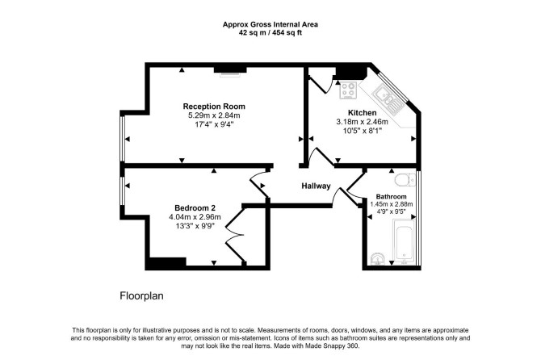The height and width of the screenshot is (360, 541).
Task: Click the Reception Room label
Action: point(214,107)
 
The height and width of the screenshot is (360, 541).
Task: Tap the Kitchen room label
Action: point(362,113)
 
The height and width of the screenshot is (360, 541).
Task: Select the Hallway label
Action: point(316,186)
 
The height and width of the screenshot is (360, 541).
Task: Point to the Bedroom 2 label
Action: point(195,208)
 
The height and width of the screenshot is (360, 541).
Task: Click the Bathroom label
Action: point(392,197)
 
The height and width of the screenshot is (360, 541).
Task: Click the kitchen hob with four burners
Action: point(348,90)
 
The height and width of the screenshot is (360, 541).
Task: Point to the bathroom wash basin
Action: point(378,259)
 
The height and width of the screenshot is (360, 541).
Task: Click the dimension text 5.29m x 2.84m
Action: point(214,115)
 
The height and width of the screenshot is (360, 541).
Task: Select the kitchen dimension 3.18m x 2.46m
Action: point(362,122)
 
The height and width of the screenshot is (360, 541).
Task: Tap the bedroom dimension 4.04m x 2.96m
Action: point(195,217)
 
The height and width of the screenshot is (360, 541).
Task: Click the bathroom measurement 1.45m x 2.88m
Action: point(392,204)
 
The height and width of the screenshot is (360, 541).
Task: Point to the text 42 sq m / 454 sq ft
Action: point(270,33)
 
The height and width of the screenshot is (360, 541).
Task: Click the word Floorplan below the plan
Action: point(141,296)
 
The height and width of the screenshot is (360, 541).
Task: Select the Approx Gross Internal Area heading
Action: point(270,24)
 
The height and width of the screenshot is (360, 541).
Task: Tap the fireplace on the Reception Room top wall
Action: point(230,70)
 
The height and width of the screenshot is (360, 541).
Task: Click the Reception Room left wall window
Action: point(122,139)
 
